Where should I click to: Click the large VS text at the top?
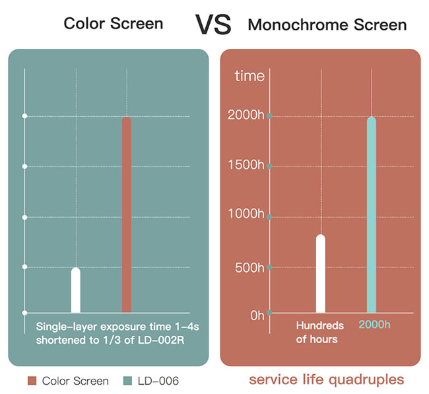pos(213,24)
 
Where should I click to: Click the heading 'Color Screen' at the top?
pos(114,23)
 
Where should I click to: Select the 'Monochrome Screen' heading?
pos(327,24)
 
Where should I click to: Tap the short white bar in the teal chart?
pos(76,290)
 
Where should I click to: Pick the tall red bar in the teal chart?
pos(127,214)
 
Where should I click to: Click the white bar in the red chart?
pos(321,274)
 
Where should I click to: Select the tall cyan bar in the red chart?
pos(372,214)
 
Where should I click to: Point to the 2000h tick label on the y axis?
pos(246,115)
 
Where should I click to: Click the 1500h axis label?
pos(246,165)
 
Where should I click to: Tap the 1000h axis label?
pos(246,213)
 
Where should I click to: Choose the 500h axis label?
pos(249,267)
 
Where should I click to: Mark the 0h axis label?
pos(257,315)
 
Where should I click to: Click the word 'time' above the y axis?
pos(249,76)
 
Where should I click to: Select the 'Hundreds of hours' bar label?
pos(320,333)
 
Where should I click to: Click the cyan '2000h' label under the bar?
pos(374,325)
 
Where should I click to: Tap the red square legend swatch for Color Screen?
pos(32,381)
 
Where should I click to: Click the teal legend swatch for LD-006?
pos(128,381)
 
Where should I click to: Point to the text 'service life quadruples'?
pos(327,379)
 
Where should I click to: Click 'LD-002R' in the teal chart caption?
pos(161,340)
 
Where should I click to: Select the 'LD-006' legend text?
pos(158,381)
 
